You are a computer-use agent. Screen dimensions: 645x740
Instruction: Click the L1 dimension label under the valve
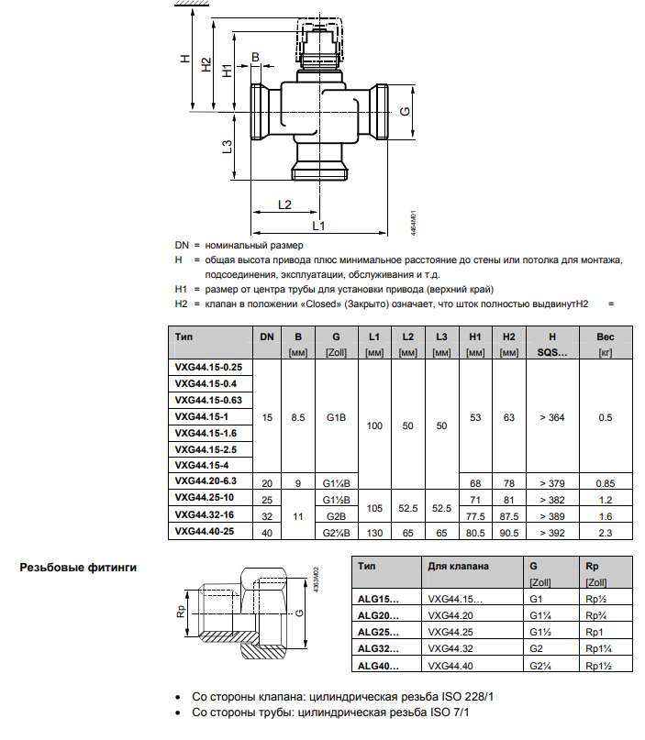click(318, 226)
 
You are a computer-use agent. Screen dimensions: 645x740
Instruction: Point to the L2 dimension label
click(284, 204)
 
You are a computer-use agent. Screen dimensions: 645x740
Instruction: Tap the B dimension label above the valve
click(255, 57)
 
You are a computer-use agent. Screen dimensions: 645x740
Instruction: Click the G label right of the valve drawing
click(406, 111)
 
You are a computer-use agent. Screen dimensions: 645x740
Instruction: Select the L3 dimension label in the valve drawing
click(228, 147)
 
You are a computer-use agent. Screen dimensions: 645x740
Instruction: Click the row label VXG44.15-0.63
click(208, 400)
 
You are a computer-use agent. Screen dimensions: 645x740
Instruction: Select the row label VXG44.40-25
click(205, 531)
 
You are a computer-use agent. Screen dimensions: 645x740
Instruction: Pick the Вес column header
click(606, 337)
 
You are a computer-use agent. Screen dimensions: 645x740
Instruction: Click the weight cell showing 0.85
click(606, 483)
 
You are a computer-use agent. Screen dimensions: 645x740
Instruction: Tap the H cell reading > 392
click(552, 533)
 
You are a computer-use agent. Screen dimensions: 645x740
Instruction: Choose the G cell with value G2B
click(336, 516)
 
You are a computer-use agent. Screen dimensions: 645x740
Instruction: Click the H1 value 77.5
click(475, 516)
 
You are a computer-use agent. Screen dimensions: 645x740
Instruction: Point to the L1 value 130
click(374, 533)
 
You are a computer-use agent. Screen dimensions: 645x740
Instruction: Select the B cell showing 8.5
click(298, 417)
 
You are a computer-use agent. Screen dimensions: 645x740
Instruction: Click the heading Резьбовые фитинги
click(78, 568)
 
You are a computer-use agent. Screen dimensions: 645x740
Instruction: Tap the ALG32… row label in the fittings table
click(378, 648)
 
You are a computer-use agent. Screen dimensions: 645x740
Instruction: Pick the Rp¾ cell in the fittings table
click(595, 615)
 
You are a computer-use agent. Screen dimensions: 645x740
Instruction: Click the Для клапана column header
click(458, 567)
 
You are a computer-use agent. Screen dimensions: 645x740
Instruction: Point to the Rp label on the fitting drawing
click(181, 611)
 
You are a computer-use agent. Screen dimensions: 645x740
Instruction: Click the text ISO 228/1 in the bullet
click(467, 697)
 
